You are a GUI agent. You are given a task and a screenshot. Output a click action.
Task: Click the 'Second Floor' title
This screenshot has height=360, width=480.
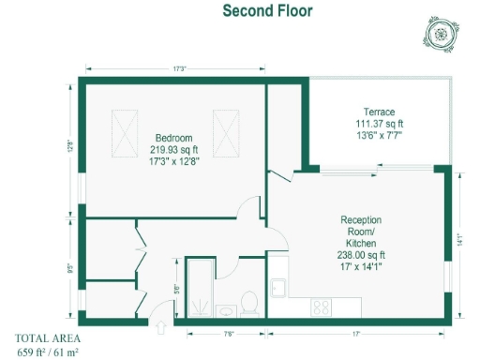click(267, 11)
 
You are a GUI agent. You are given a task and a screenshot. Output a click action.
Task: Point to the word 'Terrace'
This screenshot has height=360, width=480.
click(380, 111)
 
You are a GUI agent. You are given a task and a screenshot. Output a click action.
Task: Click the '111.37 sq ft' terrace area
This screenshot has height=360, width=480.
click(380, 123)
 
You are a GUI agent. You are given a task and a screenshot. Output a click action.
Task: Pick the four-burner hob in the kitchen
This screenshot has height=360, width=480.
click(322, 306)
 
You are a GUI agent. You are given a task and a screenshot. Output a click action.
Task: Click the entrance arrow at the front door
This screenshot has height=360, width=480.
click(160, 328)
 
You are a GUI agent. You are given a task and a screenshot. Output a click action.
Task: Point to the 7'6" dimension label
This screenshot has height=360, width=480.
click(228, 333)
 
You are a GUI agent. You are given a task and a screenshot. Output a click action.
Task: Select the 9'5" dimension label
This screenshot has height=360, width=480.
click(71, 266)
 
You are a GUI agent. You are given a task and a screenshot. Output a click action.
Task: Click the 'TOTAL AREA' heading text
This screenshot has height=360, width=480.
click(48, 338)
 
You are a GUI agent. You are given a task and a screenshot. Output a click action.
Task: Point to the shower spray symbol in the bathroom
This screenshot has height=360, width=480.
click(201, 305)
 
